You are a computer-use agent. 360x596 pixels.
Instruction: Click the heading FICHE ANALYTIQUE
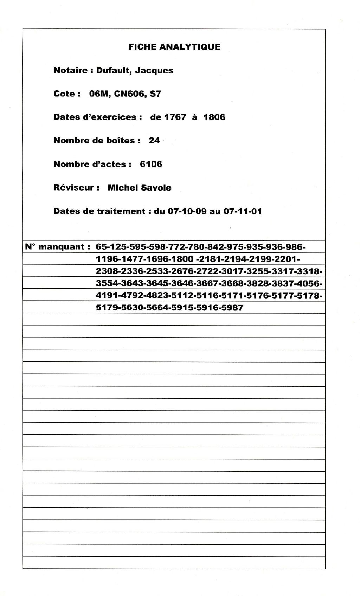[x=174, y=47]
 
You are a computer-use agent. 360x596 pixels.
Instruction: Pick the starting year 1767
[x=175, y=117]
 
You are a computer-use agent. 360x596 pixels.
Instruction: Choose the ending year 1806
[x=214, y=117]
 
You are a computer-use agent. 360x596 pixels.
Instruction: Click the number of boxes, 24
[x=154, y=141]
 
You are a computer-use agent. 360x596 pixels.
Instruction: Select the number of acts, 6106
[x=151, y=164]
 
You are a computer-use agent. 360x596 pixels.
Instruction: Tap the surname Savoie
[x=156, y=188]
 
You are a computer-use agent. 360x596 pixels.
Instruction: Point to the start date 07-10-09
[x=186, y=211]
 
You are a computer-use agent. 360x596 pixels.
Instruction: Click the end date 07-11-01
[x=243, y=211]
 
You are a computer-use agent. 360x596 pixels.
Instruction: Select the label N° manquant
[x=55, y=247]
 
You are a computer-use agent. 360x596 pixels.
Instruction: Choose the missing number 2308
[x=106, y=271]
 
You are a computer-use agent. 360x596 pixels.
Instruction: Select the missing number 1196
[x=106, y=259]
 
